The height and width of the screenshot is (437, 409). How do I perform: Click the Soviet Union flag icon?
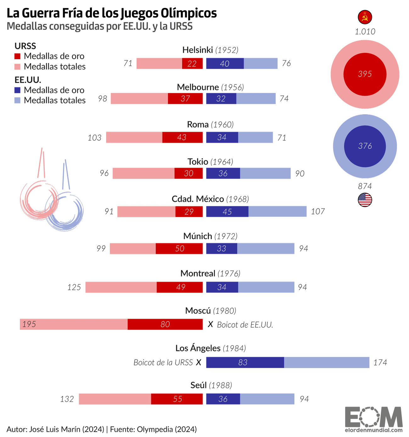click(365, 17)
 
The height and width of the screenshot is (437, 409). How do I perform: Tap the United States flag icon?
click(365, 200)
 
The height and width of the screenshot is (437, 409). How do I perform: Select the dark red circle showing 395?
click(365, 74)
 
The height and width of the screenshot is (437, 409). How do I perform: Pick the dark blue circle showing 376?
click(365, 146)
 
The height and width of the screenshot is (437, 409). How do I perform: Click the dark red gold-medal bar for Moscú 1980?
click(165, 324)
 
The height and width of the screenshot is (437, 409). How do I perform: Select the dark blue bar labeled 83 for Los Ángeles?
click(245, 362)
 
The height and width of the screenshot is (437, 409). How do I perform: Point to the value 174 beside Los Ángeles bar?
click(380, 362)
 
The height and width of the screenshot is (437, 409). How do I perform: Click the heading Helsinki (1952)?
click(210, 50)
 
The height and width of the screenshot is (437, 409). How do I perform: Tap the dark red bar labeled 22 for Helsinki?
click(192, 64)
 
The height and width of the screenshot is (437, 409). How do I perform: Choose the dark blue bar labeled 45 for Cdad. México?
click(227, 212)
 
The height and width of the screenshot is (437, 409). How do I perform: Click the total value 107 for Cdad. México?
click(318, 211)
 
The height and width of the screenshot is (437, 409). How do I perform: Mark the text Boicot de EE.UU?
click(245, 325)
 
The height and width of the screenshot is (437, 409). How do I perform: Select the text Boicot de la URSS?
click(163, 362)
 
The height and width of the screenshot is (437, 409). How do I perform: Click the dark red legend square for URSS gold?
click(18, 56)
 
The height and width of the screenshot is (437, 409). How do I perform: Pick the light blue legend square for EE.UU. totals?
click(18, 100)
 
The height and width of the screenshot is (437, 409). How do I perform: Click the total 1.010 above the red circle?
click(365, 31)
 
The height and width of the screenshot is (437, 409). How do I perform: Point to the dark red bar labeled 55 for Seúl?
click(177, 399)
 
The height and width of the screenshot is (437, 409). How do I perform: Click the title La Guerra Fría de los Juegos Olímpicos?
click(112, 13)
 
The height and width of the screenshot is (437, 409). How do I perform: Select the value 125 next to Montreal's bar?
click(74, 287)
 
